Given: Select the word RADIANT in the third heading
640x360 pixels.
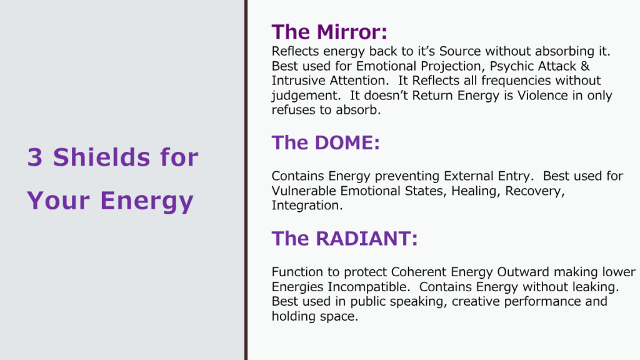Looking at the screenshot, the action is (x=363, y=238).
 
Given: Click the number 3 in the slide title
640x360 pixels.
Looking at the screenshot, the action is (x=35, y=157).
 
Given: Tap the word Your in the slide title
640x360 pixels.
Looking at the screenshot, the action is (x=58, y=200).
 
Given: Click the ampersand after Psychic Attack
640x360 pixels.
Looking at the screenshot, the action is (x=585, y=66).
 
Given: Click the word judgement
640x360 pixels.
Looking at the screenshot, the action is (x=306, y=96).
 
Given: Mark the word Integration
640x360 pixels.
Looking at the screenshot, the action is (x=307, y=205).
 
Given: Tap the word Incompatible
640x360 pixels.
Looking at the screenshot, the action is (x=369, y=287).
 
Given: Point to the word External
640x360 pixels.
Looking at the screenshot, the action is (x=469, y=176).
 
